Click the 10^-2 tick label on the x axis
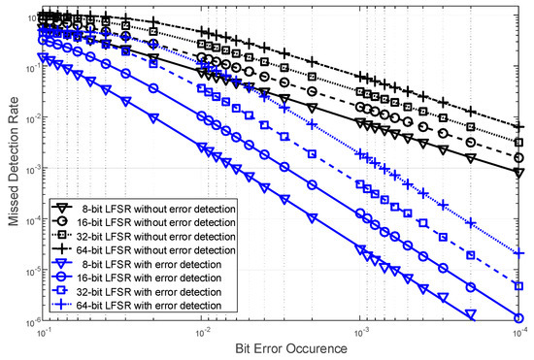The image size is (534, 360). click(202, 331)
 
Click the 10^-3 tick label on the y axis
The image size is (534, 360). click(26, 169)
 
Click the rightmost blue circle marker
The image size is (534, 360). click(518, 317)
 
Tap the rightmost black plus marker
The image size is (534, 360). click(518, 126)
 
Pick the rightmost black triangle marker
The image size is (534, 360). click(518, 173)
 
